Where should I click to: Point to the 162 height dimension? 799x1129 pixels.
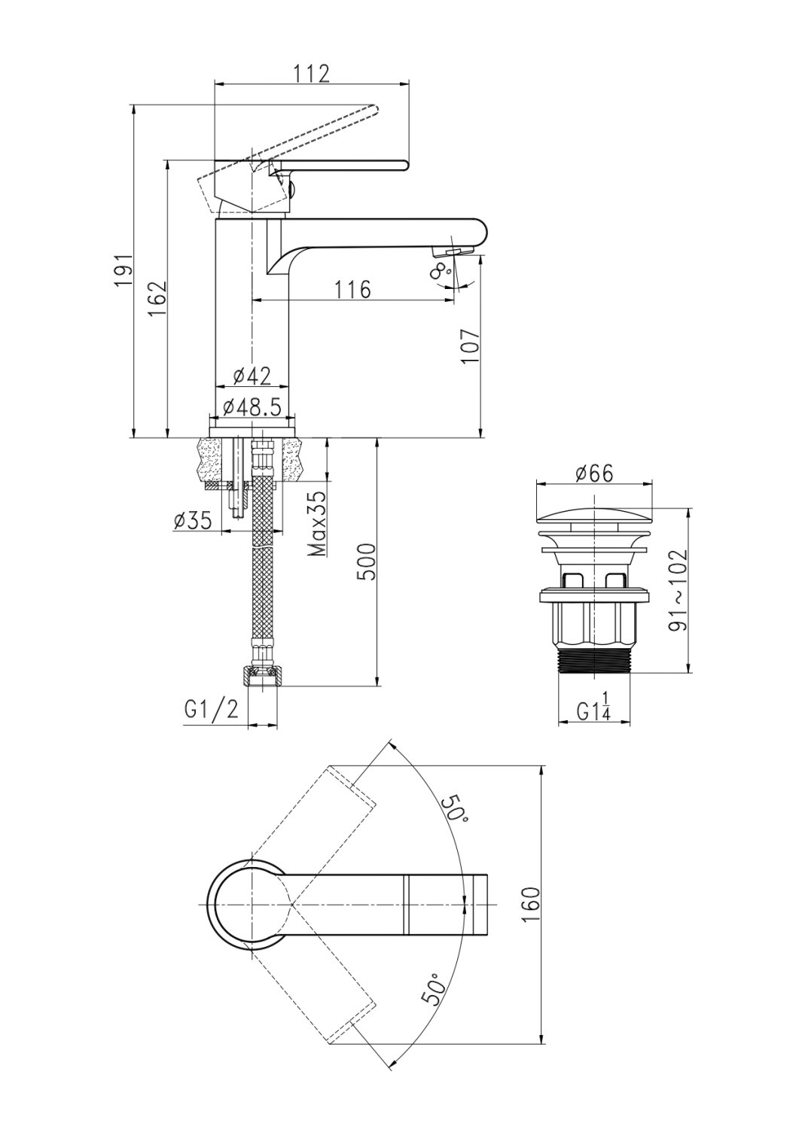[157, 298]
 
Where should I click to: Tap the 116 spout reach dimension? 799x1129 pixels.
[352, 289]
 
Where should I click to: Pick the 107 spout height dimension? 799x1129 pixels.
[468, 347]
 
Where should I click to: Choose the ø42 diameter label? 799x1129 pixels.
[252, 376]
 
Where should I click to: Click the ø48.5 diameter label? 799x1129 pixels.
[252, 407]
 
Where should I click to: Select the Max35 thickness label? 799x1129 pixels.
[317, 524]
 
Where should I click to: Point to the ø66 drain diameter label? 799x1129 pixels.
[594, 473]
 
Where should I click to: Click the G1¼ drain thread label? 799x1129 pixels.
[594, 712]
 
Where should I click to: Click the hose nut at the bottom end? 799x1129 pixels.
[261, 675]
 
